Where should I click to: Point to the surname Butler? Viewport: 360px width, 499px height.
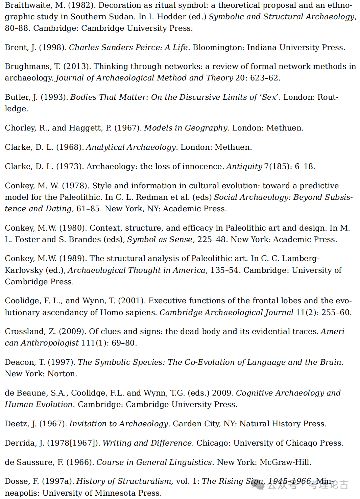[x=18, y=97]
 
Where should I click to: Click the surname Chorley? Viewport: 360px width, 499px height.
[x=20, y=128]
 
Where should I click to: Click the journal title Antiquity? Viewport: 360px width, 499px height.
[x=244, y=167]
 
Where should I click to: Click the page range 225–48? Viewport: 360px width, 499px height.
[x=212, y=240]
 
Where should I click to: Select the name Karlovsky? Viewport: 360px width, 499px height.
[x=24, y=270]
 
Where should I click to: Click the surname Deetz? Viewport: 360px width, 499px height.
[x=17, y=424]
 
